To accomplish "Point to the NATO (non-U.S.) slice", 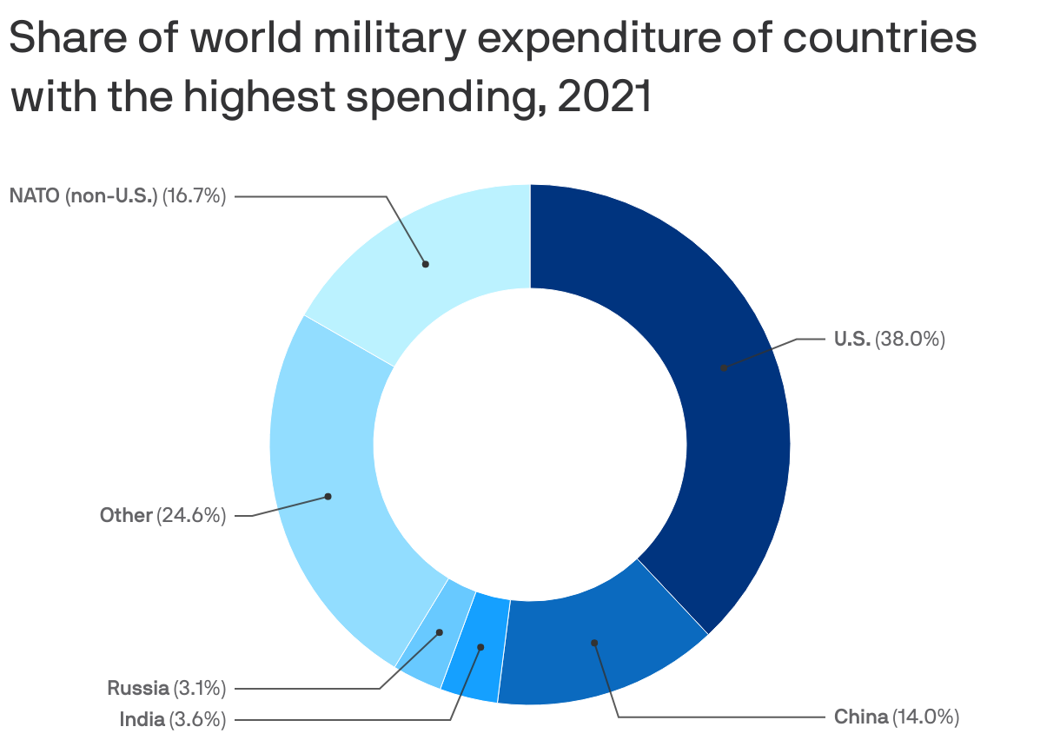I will [x=426, y=261].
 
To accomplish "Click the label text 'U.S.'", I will [x=851, y=340].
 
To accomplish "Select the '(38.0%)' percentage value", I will [x=910, y=340].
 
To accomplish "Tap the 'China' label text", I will [x=861, y=717].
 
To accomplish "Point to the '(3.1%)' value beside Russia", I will [x=200, y=689].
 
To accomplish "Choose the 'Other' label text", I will [x=126, y=515].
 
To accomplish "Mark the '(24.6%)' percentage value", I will [x=192, y=515].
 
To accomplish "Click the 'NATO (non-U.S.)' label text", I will [x=83, y=196].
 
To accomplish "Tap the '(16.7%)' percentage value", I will [x=195, y=196].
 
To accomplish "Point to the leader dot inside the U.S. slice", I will [x=723, y=367].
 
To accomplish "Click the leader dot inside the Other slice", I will [x=328, y=497].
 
